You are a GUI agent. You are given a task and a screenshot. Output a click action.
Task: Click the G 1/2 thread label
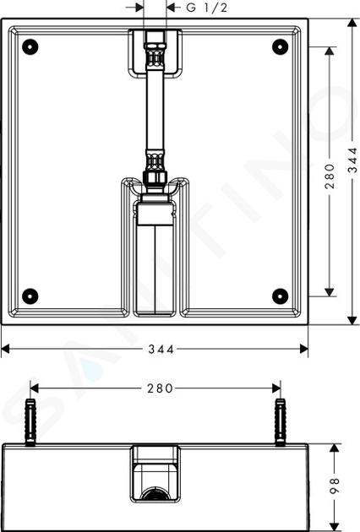[x=207, y=8]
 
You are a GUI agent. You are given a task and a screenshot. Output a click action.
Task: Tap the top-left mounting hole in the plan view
[x=30, y=46]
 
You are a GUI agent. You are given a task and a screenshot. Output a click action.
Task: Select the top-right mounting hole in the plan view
[x=281, y=46]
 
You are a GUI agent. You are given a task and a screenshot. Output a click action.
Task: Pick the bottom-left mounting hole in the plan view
[x=30, y=296]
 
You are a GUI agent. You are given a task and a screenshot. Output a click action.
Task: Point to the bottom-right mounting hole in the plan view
[x=281, y=296]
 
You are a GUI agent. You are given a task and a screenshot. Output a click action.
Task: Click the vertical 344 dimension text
[x=353, y=160]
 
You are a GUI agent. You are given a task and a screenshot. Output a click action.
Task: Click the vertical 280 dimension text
[x=330, y=176]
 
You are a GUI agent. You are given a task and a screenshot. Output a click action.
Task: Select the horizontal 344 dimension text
[x=161, y=349]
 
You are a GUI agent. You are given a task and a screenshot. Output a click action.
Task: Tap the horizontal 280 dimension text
[x=160, y=388]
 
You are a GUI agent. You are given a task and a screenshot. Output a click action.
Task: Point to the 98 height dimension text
[x=335, y=486]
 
